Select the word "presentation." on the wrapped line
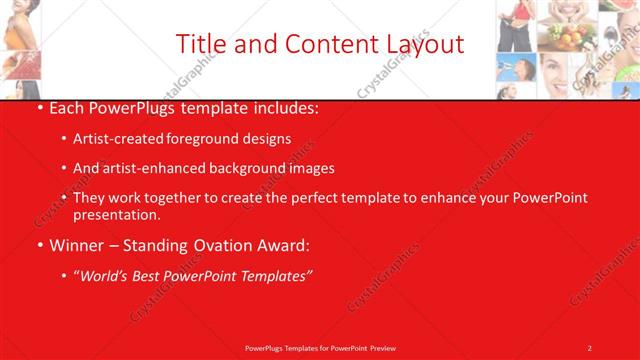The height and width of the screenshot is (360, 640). coord(116,215)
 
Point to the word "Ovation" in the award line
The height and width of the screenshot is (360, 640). coord(209,245)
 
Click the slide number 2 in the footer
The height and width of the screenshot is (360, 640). coord(589,347)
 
